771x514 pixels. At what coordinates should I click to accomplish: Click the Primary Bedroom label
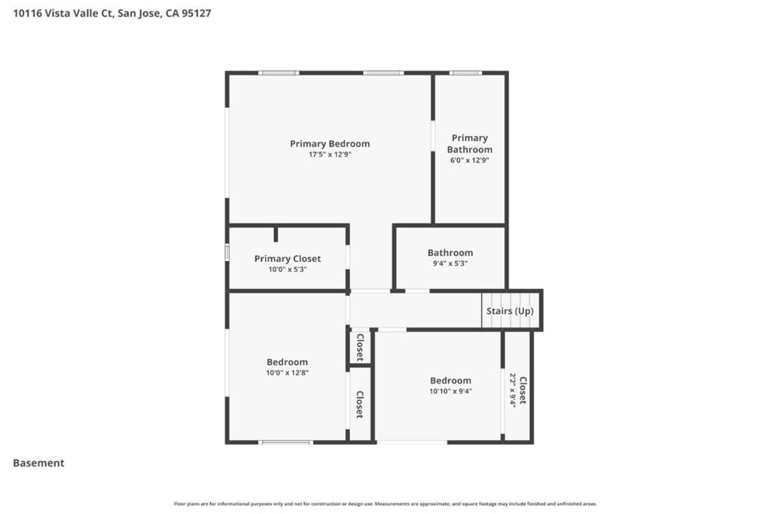(x=330, y=144)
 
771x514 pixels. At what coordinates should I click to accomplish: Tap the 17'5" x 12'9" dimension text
(x=330, y=154)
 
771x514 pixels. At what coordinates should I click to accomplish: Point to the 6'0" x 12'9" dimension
(x=470, y=160)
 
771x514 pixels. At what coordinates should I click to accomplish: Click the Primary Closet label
(x=288, y=259)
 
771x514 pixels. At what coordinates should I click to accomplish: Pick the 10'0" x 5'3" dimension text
(x=288, y=269)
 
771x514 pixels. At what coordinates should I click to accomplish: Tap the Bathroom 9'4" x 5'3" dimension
(x=450, y=263)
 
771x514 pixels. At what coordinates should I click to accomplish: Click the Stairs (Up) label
(x=510, y=311)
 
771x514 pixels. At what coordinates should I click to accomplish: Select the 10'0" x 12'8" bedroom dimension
(x=287, y=373)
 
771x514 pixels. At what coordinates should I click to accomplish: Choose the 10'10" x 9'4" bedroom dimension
(x=450, y=391)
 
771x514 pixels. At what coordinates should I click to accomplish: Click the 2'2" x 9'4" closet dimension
(x=513, y=390)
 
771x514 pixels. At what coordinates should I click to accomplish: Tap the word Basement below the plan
(x=38, y=463)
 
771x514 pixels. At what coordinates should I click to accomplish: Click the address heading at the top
(x=112, y=13)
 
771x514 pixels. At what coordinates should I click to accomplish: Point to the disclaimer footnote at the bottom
(x=385, y=503)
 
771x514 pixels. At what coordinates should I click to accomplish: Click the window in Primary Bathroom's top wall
(x=465, y=73)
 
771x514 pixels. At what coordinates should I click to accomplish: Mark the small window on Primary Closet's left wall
(x=227, y=252)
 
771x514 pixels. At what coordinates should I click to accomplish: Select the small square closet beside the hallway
(x=360, y=346)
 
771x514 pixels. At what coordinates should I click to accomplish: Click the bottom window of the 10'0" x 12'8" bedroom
(x=285, y=442)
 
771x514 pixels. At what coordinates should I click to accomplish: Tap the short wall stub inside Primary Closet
(x=276, y=234)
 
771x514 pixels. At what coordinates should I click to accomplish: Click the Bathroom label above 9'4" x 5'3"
(x=450, y=253)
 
